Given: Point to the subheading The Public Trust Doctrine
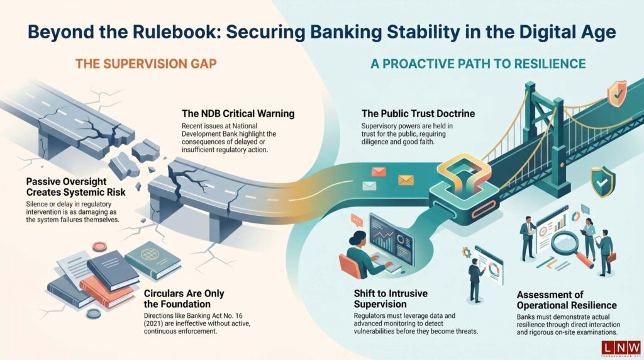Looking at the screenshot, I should click(418, 114).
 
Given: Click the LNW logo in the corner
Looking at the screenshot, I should click(620, 346).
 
